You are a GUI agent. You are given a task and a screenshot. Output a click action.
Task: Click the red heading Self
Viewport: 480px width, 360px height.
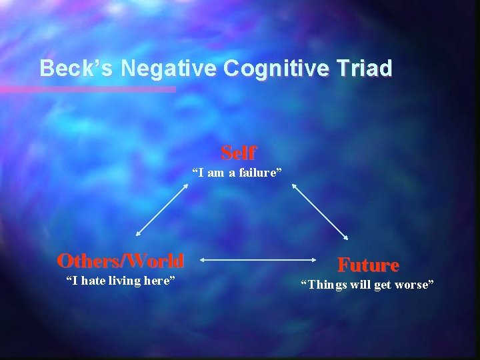click(238, 153)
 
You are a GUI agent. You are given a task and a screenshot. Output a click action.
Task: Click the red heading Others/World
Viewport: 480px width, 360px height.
click(121, 259)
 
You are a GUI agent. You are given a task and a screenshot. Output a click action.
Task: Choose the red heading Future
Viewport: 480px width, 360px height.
click(368, 265)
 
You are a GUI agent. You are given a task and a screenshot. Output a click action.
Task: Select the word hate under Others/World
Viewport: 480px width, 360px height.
click(90, 281)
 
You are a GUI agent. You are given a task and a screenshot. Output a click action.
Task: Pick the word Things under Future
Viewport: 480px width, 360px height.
click(326, 285)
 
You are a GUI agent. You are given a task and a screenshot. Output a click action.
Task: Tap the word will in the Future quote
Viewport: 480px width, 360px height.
click(360, 285)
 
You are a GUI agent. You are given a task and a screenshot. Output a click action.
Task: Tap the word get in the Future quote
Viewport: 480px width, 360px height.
click(385, 285)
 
